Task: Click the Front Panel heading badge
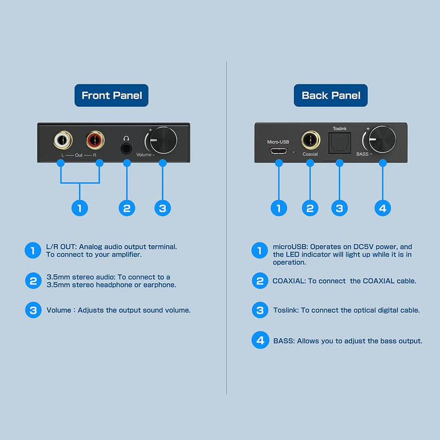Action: pyautogui.click(x=112, y=95)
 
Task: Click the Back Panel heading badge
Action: pyautogui.click(x=331, y=95)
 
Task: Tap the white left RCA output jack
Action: pyautogui.click(x=63, y=140)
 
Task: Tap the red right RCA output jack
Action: pyautogui.click(x=95, y=140)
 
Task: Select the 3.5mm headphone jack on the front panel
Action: pyautogui.click(x=127, y=148)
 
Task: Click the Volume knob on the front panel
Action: pyautogui.click(x=163, y=140)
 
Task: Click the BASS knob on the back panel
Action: pyautogui.click(x=382, y=140)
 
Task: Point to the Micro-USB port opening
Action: pyautogui.click(x=278, y=151)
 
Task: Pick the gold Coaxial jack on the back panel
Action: pyautogui.click(x=311, y=140)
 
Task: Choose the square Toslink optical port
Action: pyautogui.click(x=339, y=143)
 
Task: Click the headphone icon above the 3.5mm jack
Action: pyautogui.click(x=127, y=138)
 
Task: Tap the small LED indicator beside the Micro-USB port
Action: pyautogui.click(x=293, y=152)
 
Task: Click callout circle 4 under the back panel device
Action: pyautogui.click(x=383, y=208)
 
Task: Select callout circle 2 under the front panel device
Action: pyautogui.click(x=127, y=208)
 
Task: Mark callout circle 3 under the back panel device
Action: pyautogui.click(x=339, y=208)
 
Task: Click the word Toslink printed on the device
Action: pyautogui.click(x=339, y=129)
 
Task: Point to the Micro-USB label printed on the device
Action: pyautogui.click(x=278, y=142)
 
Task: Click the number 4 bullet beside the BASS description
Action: pyautogui.click(x=260, y=340)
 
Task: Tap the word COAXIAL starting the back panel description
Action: pyautogui.click(x=289, y=281)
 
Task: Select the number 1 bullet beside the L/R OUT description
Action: pyautogui.click(x=33, y=250)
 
